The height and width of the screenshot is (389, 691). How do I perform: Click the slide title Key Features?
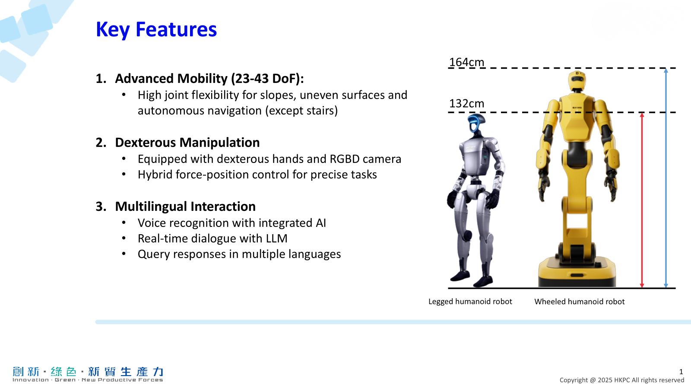[x=156, y=30]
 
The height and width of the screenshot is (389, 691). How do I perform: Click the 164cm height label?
[x=466, y=62]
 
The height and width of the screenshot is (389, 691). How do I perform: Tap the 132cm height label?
[x=466, y=103]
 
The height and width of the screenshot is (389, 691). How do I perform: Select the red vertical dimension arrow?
[x=642, y=200]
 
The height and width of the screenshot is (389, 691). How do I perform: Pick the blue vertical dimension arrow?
[x=666, y=178]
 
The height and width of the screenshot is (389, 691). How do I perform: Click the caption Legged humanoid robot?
[x=470, y=301]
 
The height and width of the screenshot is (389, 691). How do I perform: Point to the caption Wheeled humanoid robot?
[x=579, y=301]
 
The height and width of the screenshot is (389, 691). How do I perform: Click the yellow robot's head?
[x=576, y=80]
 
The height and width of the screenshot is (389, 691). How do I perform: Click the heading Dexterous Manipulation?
[x=187, y=143]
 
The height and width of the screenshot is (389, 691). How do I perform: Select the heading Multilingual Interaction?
[x=185, y=207]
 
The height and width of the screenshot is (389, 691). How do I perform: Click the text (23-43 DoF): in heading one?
[x=267, y=79]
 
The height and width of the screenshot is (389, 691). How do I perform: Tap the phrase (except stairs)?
[x=301, y=111]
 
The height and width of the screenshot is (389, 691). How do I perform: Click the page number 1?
[x=681, y=372]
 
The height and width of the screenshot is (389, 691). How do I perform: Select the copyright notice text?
[x=622, y=380]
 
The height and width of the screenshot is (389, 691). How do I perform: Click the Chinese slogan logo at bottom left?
[x=88, y=374]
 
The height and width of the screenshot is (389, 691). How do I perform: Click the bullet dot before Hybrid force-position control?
[x=124, y=175]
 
